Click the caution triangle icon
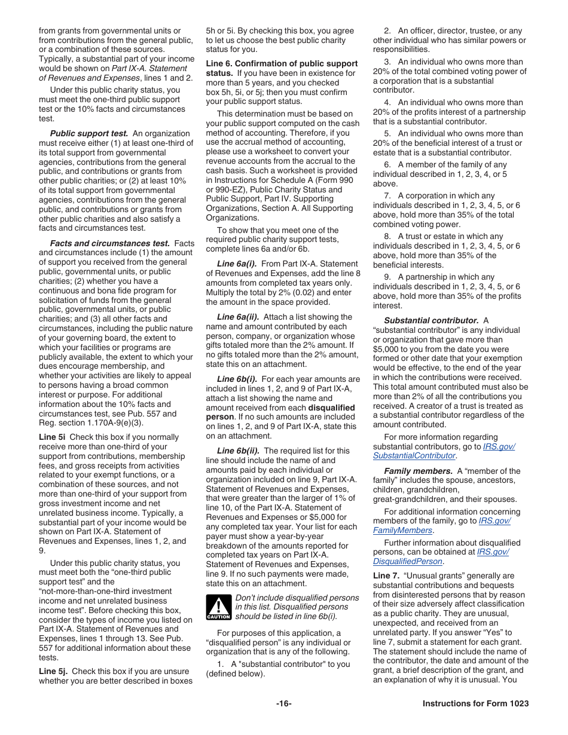coord(218,607)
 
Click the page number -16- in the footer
coord(283,703)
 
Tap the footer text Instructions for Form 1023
coord(475,703)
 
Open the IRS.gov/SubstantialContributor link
coord(442,451)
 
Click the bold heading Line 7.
coord(386,576)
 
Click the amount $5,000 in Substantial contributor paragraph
coord(387,349)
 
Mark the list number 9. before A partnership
coord(387,277)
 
